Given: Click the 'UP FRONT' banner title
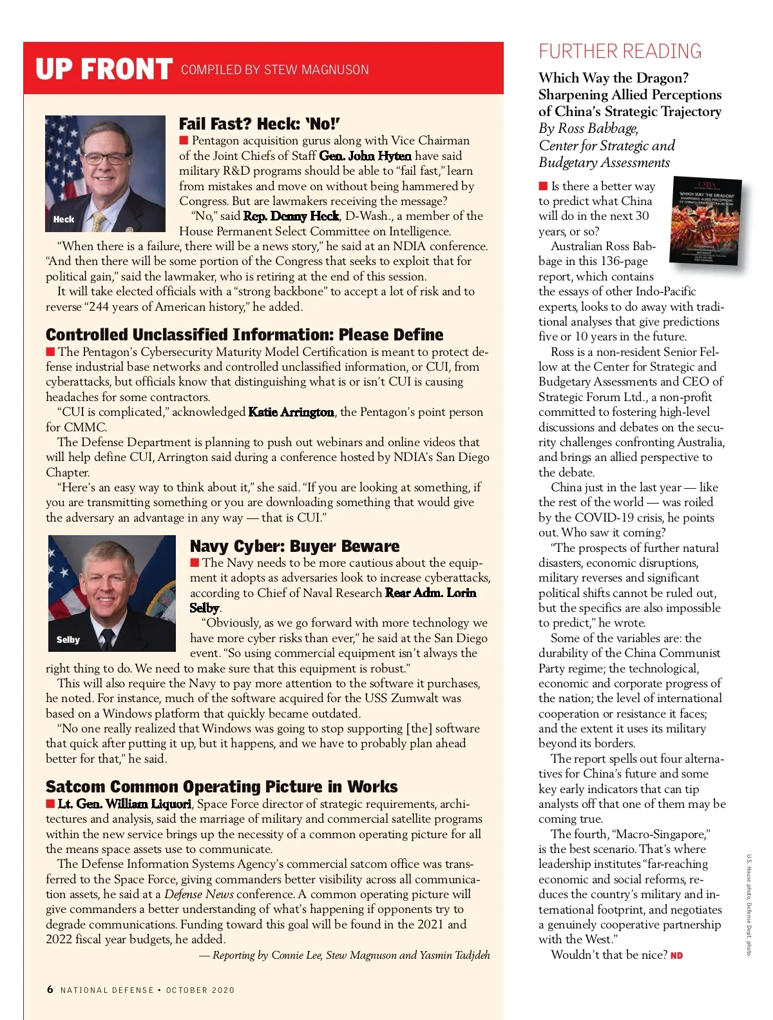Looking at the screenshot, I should click(x=104, y=70).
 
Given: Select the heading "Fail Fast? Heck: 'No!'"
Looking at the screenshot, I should click(x=259, y=124).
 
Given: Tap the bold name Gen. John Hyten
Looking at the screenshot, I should click(x=365, y=156).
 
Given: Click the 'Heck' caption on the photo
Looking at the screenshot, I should click(x=64, y=219).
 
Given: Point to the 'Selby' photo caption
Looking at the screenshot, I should click(x=68, y=640).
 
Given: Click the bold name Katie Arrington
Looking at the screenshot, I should click(x=291, y=412).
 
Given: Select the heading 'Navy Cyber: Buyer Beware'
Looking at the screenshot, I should click(x=294, y=546).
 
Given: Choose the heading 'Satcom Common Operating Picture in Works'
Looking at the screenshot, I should click(x=222, y=787).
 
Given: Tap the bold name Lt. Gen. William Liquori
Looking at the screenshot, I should click(x=124, y=804).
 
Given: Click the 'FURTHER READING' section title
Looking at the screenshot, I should click(x=620, y=52).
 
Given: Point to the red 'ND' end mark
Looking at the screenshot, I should click(x=676, y=956).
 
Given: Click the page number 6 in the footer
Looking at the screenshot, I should click(x=50, y=989).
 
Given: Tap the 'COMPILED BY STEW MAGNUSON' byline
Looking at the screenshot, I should click(x=275, y=70).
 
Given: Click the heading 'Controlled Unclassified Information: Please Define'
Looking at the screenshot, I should click(x=244, y=335).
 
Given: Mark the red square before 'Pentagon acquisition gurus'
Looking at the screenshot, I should click(x=184, y=141).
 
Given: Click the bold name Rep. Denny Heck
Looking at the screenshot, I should click(x=291, y=216).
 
